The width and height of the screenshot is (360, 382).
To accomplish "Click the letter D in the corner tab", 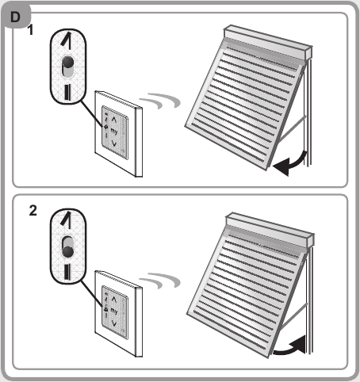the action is (15, 17).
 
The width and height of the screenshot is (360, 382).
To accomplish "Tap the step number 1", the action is (31, 30).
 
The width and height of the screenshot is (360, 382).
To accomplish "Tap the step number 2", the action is (33, 211).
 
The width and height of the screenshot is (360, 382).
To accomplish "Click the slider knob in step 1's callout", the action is (68, 63).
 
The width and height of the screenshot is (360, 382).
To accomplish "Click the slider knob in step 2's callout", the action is (68, 251).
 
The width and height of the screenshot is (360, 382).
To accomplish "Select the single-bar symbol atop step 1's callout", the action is (67, 40).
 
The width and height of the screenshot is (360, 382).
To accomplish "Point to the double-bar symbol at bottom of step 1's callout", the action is (67, 92).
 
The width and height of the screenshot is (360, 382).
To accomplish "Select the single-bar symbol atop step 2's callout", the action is (67, 220).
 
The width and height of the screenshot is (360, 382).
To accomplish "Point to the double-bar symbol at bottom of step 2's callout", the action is (67, 272).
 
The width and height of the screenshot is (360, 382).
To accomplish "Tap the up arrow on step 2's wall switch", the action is (114, 299).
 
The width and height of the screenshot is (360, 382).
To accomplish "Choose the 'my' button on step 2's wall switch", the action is (114, 311).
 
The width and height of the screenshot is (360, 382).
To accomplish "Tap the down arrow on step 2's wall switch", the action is (114, 323).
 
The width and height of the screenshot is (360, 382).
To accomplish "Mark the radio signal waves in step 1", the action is (160, 101).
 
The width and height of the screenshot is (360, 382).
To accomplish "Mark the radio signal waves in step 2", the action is (160, 281).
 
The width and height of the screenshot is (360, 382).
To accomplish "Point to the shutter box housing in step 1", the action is (267, 42).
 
